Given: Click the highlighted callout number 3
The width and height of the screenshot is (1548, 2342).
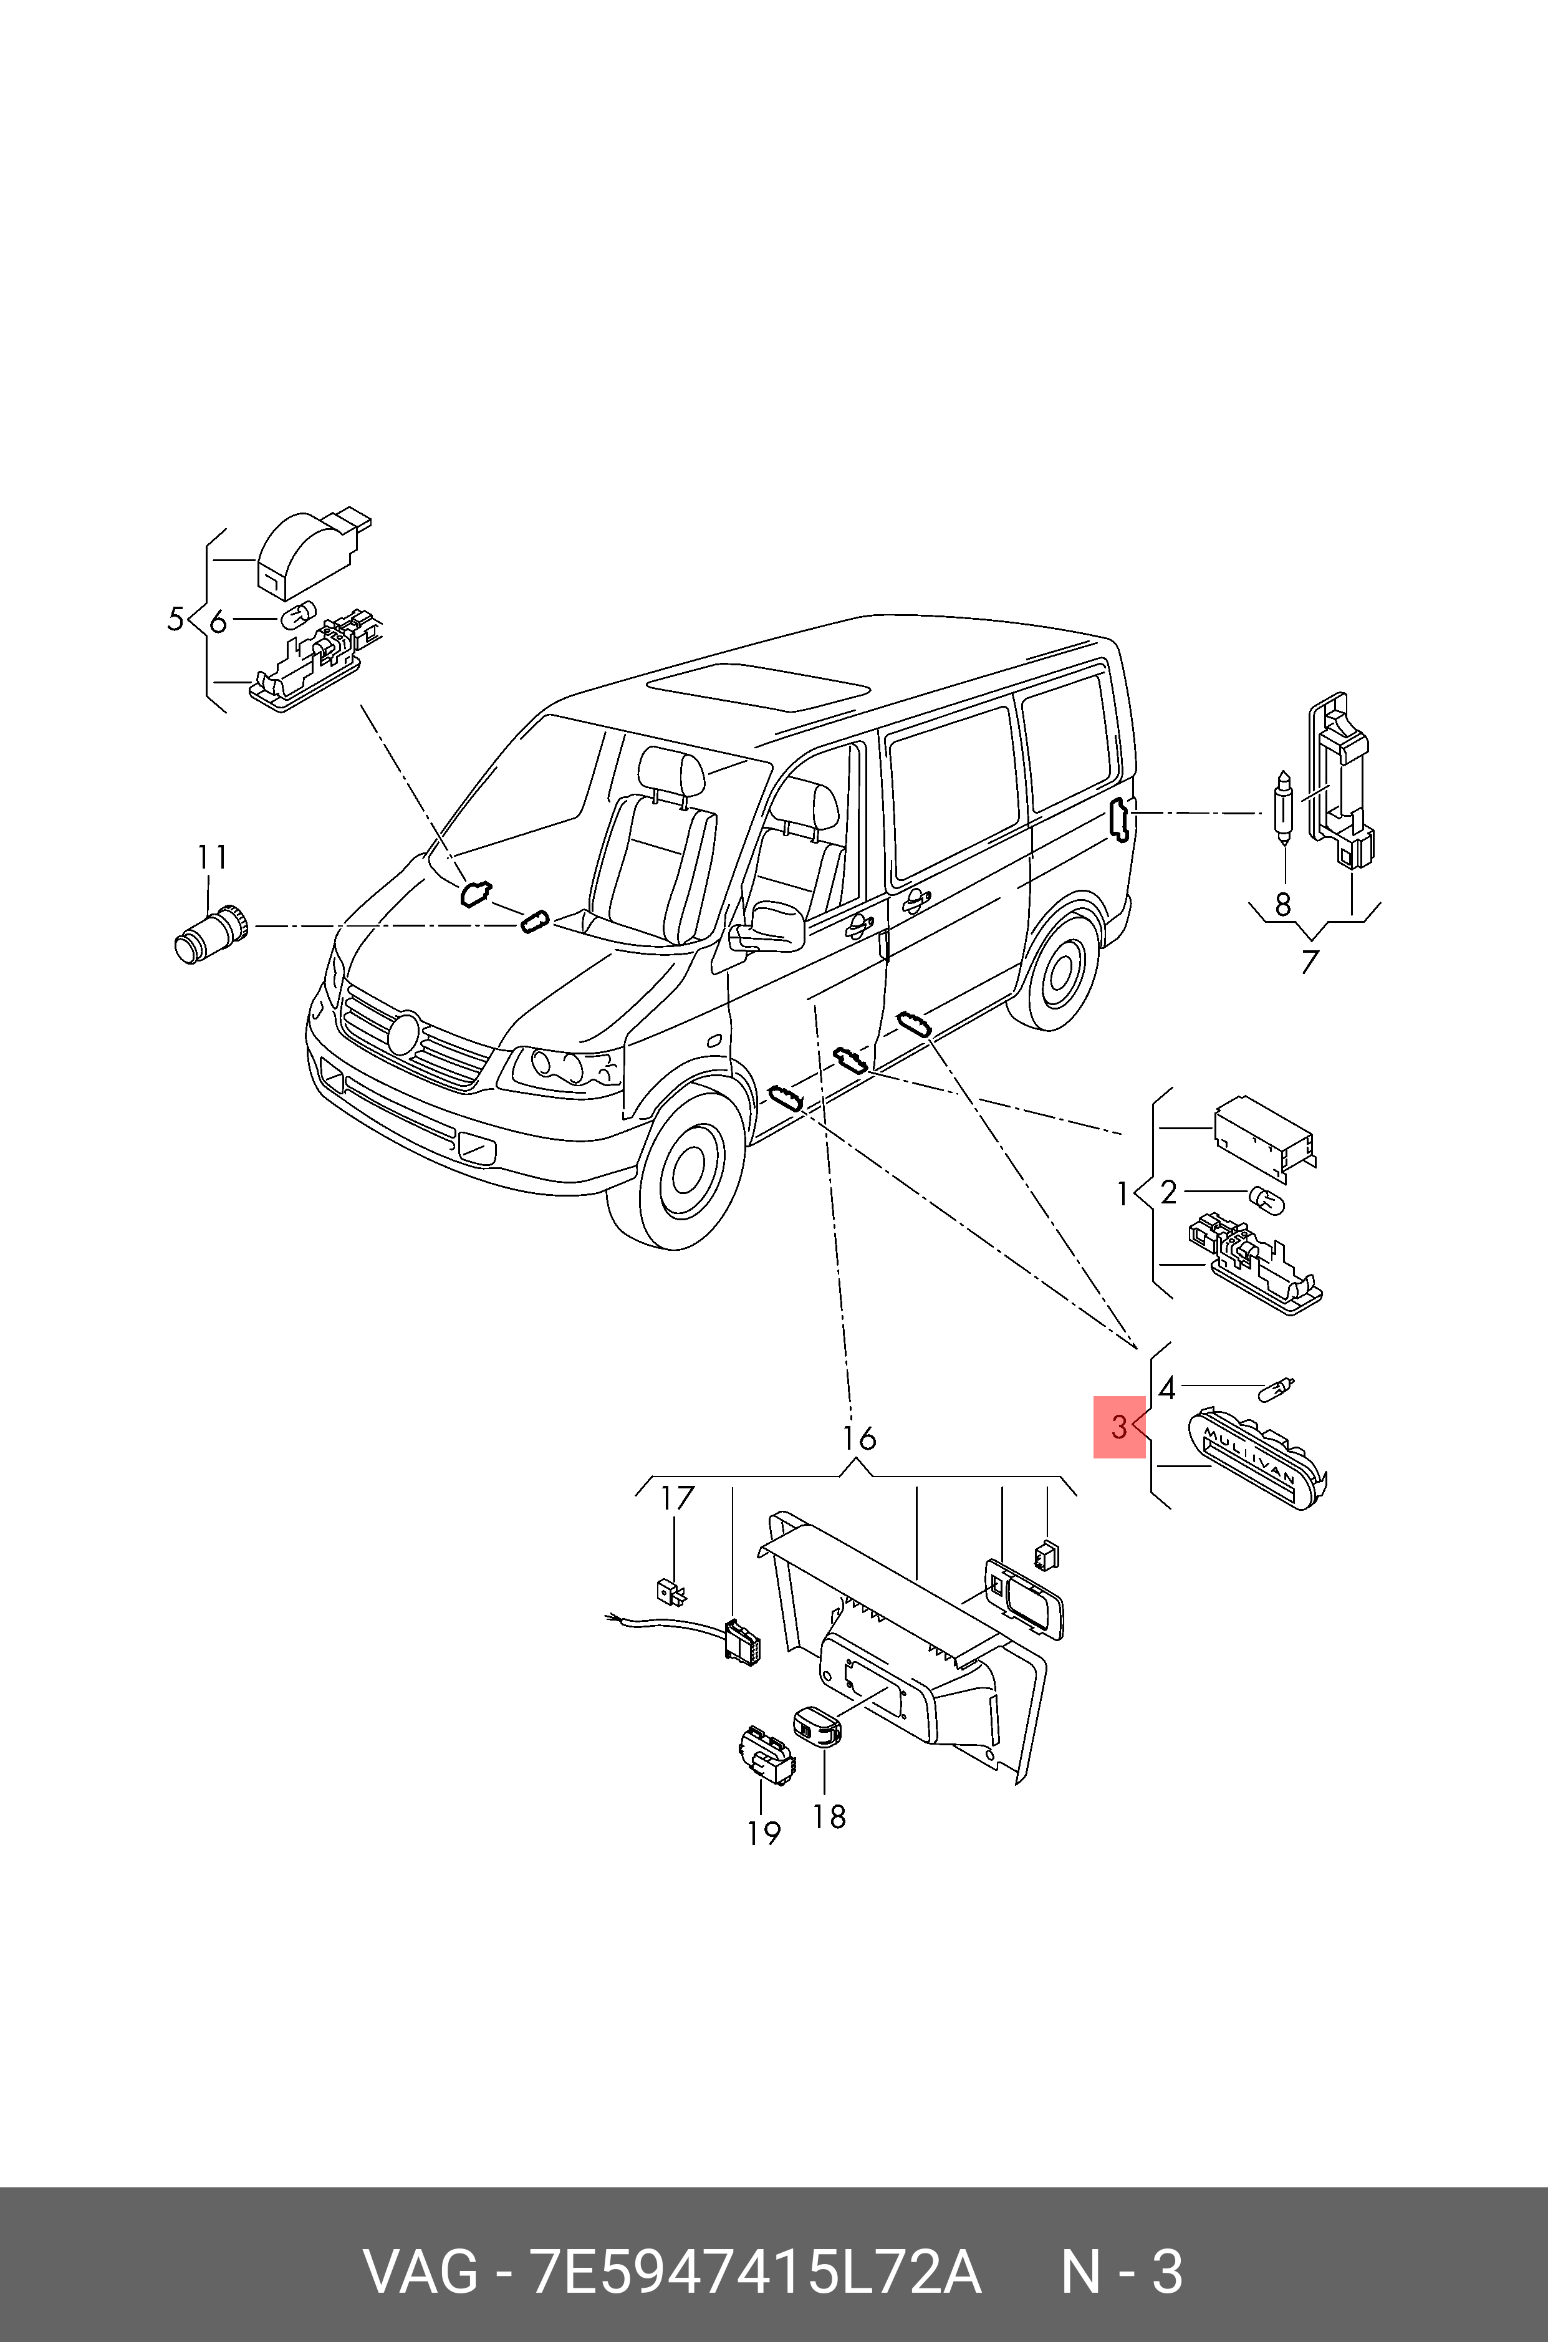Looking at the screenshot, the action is click(x=1118, y=1427).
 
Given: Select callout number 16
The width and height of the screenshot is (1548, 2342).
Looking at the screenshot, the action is click(x=859, y=1438).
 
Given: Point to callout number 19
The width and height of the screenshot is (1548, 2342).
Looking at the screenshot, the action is click(x=763, y=1833).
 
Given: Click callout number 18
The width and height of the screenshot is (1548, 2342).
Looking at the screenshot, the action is click(x=829, y=1817).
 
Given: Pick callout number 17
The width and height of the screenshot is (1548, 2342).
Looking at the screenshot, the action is click(x=677, y=1498).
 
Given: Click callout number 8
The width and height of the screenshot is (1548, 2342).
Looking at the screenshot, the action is click(x=1282, y=904).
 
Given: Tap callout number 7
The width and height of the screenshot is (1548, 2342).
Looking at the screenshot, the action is click(x=1309, y=961).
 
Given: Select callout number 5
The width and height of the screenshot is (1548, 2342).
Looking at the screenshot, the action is click(x=176, y=620).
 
